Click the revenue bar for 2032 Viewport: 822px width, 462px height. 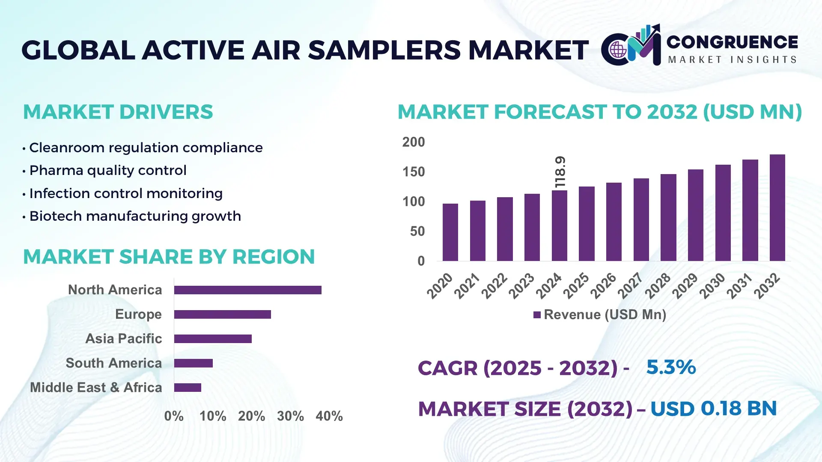777,208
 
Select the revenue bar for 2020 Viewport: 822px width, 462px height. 450,232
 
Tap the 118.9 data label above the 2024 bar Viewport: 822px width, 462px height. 560,172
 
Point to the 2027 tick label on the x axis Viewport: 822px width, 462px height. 630,286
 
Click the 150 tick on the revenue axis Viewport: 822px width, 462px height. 413,172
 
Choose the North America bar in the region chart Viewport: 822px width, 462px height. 247,290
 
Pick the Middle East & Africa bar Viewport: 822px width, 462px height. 188,388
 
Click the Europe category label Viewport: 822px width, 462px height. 138,314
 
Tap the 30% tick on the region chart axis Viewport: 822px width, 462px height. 290,416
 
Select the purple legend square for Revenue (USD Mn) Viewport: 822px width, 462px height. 537,315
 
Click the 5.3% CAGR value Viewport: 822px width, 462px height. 671,367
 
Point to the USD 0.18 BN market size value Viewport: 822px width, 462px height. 713,409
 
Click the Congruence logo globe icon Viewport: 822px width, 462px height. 618,50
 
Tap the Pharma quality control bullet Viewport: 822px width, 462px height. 107,170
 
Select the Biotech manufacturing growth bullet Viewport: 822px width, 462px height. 135,216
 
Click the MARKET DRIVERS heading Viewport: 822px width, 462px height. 118,112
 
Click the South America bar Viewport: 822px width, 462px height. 193,363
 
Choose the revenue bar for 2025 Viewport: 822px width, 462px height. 587,224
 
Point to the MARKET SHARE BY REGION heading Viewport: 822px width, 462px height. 169,257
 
